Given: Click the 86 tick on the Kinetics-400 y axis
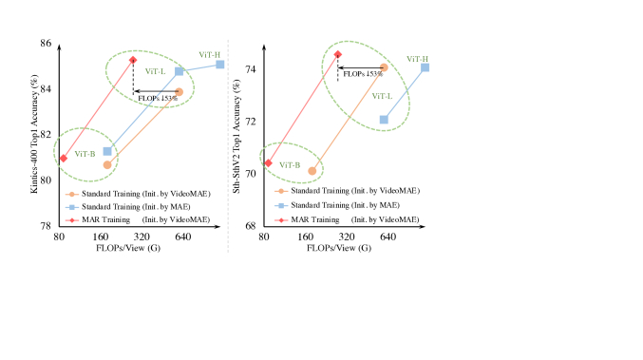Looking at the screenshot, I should (x=47, y=44).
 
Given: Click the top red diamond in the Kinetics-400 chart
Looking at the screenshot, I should (x=133, y=60).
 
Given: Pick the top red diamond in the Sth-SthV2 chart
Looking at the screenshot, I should (x=337, y=54).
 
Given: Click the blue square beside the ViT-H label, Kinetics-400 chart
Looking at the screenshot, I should (x=219, y=64).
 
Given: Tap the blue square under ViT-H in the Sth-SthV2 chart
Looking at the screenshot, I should (x=425, y=67).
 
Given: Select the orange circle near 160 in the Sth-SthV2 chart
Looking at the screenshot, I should (x=312, y=171).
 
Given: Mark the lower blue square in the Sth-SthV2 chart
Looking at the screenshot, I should (x=384, y=120).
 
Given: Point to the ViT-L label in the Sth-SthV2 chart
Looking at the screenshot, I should (x=383, y=96).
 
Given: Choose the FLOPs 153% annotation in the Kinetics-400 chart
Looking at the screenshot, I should (x=157, y=98).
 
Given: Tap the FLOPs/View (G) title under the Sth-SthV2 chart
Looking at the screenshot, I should (x=339, y=247).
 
